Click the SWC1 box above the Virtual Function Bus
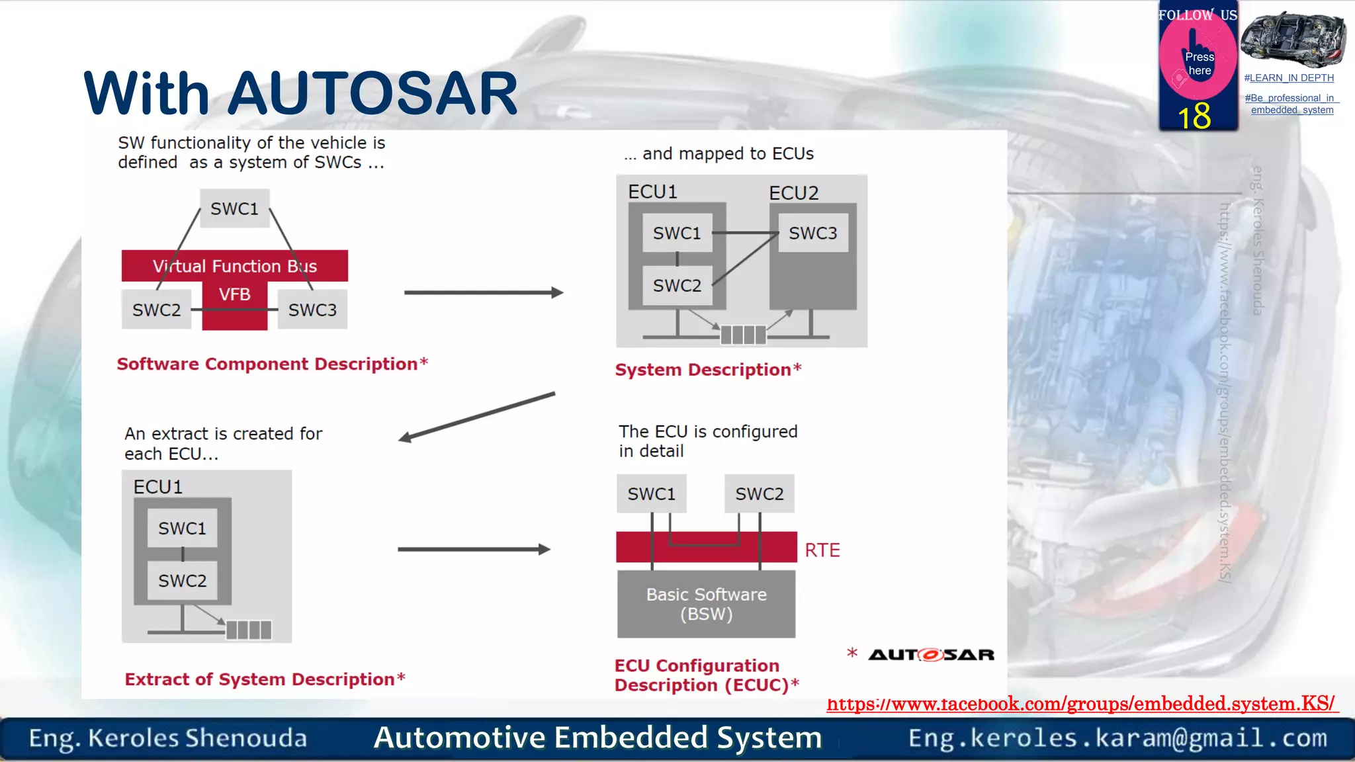[234, 209]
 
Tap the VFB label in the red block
[234, 294]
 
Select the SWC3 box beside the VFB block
[312, 310]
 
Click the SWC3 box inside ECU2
[812, 233]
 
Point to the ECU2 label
[793, 193]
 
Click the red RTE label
[822, 550]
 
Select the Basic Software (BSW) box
[706, 604]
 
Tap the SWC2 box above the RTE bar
[759, 493]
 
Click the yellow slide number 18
[1194, 116]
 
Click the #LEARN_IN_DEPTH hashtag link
[1288, 78]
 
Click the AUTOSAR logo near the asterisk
[930, 655]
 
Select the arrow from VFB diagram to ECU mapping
[483, 292]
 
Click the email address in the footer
[1117, 738]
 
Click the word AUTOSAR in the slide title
[373, 94]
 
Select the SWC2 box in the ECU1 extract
[182, 581]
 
